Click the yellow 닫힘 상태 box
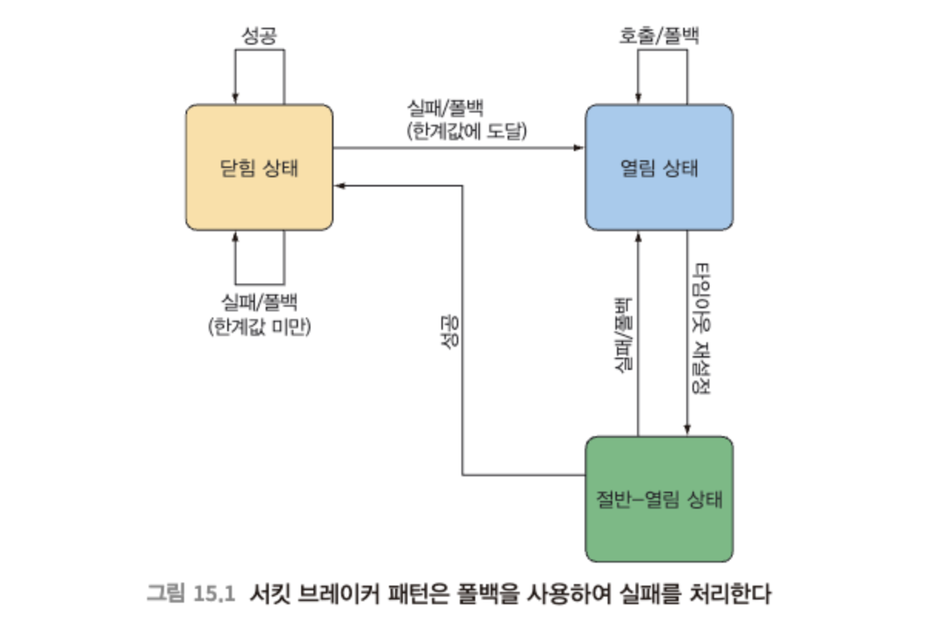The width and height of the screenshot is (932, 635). click(260, 167)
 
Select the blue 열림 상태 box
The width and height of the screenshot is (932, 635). click(659, 167)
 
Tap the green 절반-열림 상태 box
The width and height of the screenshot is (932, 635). click(659, 499)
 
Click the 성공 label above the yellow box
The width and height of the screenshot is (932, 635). click(260, 35)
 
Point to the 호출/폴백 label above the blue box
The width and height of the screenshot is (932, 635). click(659, 35)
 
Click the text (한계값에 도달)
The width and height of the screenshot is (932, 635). click(467, 131)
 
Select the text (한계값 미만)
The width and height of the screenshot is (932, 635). click(260, 327)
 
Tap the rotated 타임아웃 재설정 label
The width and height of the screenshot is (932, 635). click(700, 328)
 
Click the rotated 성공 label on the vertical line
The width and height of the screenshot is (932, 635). click(450, 332)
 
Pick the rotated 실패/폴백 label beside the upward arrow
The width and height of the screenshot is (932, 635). click(624, 334)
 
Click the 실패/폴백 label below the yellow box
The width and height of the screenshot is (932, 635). click(260, 302)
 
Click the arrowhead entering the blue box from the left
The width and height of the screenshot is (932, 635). click(578, 148)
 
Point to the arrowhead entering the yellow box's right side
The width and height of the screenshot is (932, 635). click(340, 186)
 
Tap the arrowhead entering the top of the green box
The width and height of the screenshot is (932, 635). click(687, 430)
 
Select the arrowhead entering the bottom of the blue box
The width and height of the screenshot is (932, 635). click(639, 237)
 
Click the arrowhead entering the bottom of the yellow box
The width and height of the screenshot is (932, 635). click(235, 237)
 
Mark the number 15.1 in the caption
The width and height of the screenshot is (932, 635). click(214, 594)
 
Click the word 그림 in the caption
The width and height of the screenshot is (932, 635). click(166, 593)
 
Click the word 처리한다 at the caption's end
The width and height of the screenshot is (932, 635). click(730, 594)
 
